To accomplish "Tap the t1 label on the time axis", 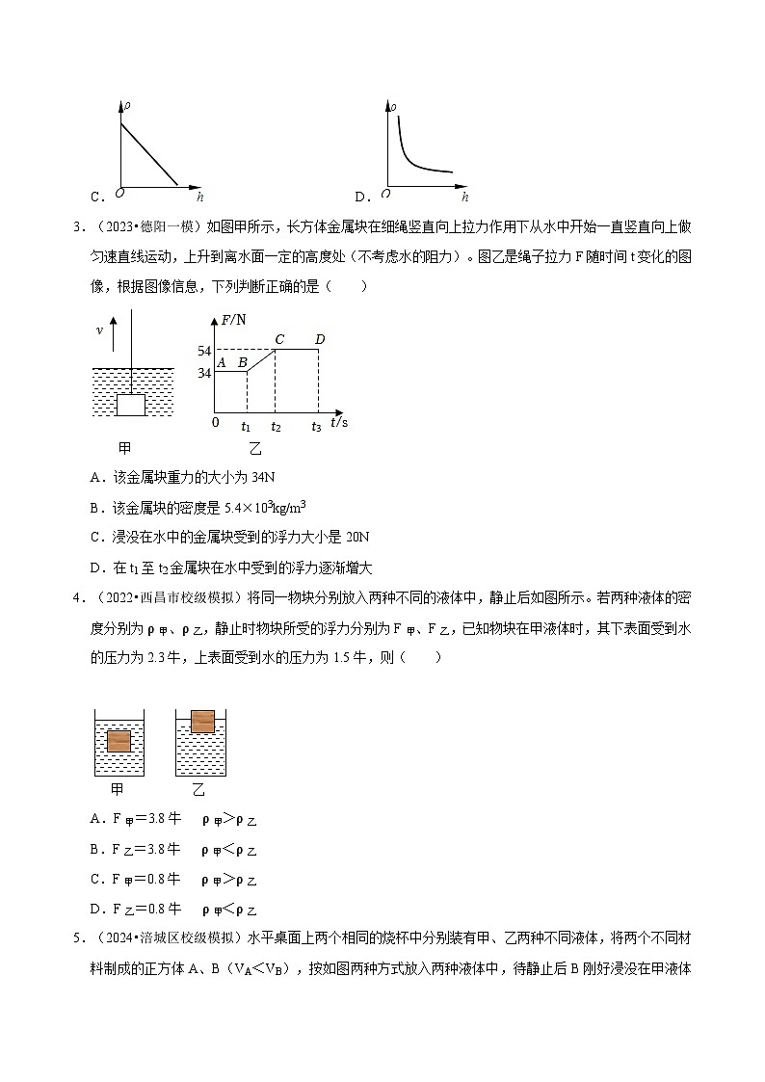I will pyautogui.click(x=246, y=425).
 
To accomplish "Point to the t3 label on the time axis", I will pyautogui.click(x=316, y=425).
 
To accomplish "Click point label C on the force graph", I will pyautogui.click(x=279, y=338).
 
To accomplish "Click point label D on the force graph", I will pyautogui.click(x=320, y=338).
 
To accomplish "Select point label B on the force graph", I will pyautogui.click(x=243, y=362).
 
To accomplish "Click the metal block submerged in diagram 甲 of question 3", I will pyautogui.click(x=131, y=405).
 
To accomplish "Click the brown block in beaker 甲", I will pyautogui.click(x=119, y=741).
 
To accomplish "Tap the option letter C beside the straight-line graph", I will pyautogui.click(x=96, y=198).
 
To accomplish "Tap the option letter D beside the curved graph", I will pyautogui.click(x=361, y=198).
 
